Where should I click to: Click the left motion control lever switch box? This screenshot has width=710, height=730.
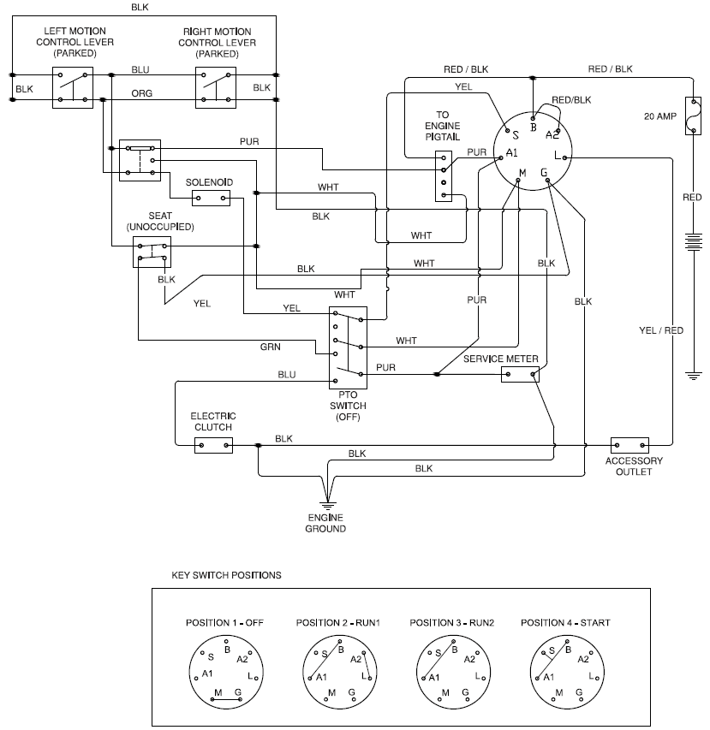click(72, 87)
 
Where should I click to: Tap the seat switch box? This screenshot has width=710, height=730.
click(152, 252)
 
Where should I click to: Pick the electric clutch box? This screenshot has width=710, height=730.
click(213, 445)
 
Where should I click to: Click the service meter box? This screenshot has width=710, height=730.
click(520, 374)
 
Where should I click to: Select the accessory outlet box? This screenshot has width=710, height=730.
click(629, 445)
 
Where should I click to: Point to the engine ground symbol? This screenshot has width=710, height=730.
click(325, 505)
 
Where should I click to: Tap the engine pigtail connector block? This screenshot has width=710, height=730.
click(443, 177)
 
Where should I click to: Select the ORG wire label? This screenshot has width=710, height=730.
click(140, 93)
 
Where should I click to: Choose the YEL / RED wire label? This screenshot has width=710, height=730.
click(661, 329)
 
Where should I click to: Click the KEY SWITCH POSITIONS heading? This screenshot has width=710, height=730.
click(227, 575)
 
